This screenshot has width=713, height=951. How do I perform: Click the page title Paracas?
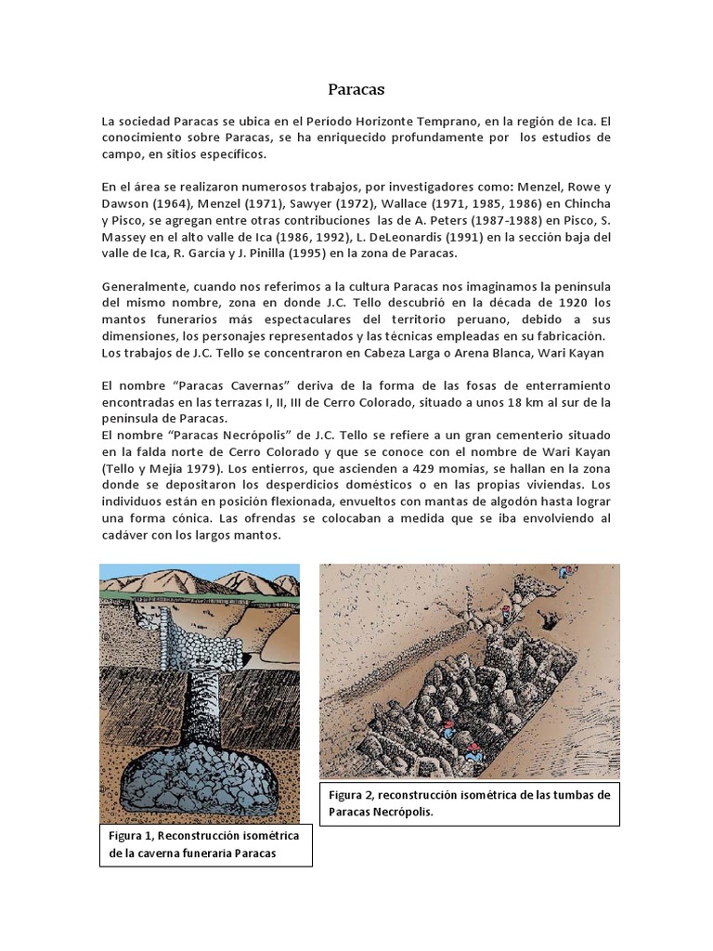[356, 90]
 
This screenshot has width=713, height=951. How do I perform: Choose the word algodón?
[512, 502]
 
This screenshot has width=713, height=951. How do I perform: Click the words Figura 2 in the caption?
[351, 795]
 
